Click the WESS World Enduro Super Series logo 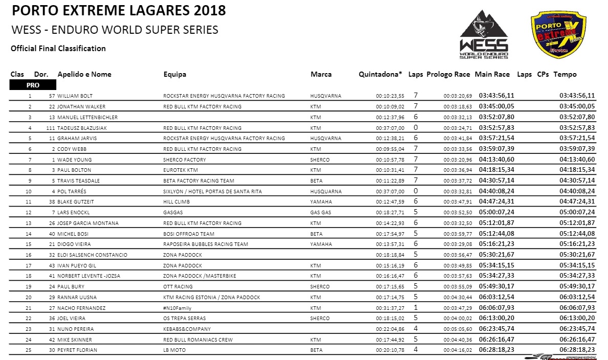tap(484, 35)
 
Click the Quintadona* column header tap(380, 75)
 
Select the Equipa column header tap(175, 75)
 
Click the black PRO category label tap(33, 85)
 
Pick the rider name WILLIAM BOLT tap(75, 96)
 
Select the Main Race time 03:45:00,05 tap(496, 106)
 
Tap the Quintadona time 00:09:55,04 tap(390, 149)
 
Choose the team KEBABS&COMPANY tap(187, 329)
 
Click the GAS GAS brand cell tap(320, 212)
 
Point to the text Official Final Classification tap(58, 49)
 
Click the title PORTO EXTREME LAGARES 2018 tap(118, 10)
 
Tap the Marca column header tap(321, 75)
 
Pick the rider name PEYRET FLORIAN tap(77, 350)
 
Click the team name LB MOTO tap(175, 350)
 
